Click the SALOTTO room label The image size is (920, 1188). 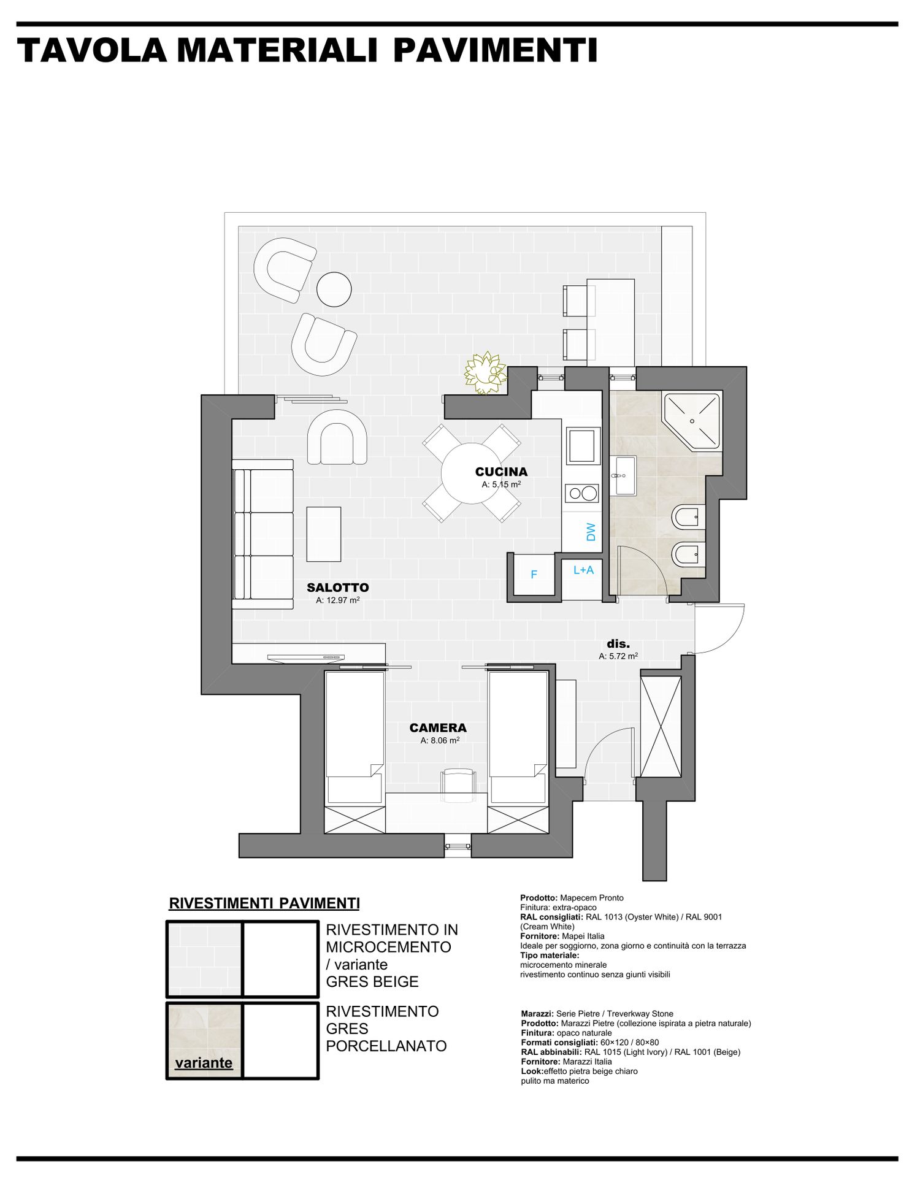pyautogui.click(x=338, y=588)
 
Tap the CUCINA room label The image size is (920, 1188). pyautogui.click(x=501, y=472)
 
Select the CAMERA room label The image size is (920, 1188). pyautogui.click(x=438, y=728)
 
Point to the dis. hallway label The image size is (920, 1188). pyautogui.click(x=618, y=644)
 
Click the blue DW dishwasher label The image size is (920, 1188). pyautogui.click(x=591, y=531)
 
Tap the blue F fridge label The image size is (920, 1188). pyautogui.click(x=534, y=575)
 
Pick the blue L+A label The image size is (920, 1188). pyautogui.click(x=583, y=570)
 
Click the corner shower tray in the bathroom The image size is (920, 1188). pyautogui.click(x=692, y=421)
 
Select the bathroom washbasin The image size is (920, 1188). pyautogui.click(x=623, y=475)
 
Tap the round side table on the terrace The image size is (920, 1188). pyautogui.click(x=334, y=289)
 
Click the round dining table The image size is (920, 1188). pyautogui.click(x=472, y=473)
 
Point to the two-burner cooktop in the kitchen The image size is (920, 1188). pyautogui.click(x=581, y=493)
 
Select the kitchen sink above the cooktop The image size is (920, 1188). pyautogui.click(x=582, y=445)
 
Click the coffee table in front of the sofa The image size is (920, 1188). pyautogui.click(x=324, y=534)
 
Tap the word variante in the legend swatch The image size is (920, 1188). pyautogui.click(x=204, y=1063)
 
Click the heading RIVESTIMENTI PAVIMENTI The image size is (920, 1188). pyautogui.click(x=264, y=903)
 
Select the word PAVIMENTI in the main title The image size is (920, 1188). pyautogui.click(x=496, y=50)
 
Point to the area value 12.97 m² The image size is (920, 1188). pyautogui.click(x=338, y=600)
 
